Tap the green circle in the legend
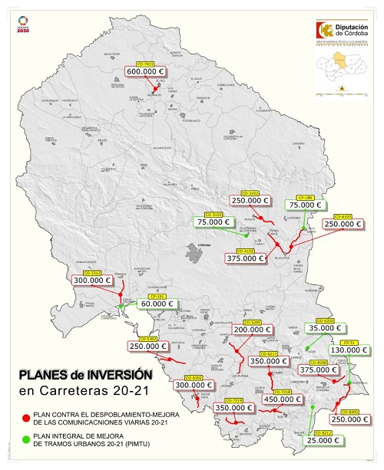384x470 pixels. [26, 439]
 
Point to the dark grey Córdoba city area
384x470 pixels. [197, 250]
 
